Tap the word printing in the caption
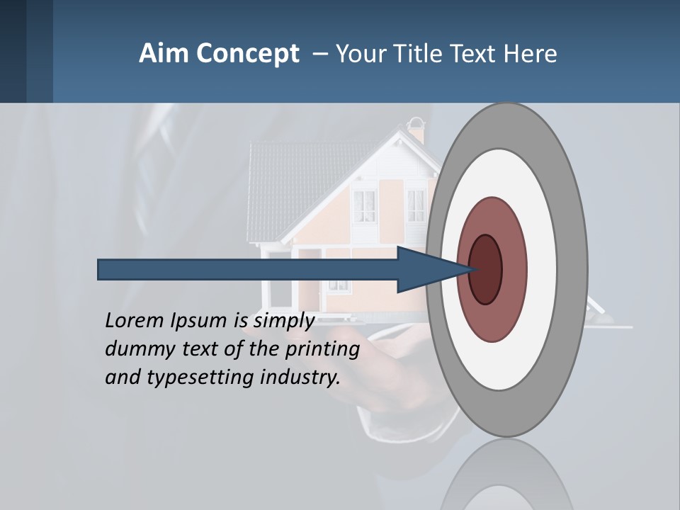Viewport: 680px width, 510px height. [322, 350]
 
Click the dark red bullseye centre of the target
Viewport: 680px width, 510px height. [486, 270]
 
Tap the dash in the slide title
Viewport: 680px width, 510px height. [319, 54]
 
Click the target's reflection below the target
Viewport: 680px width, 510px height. [506, 478]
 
